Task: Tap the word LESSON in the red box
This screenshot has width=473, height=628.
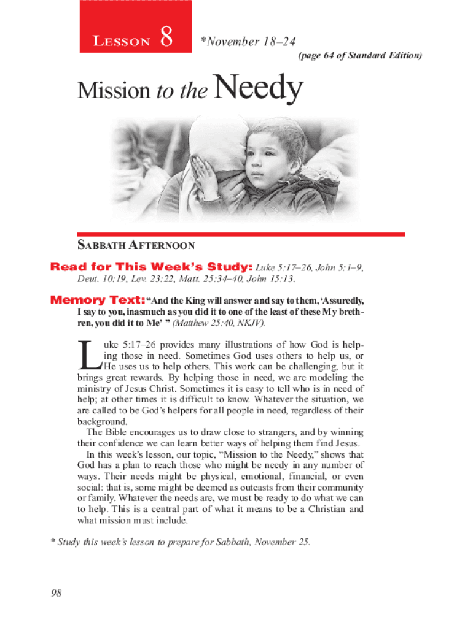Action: pos(122,42)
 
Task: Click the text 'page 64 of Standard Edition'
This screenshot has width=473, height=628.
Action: pos(360,56)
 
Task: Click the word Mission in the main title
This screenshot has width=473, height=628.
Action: pos(114,92)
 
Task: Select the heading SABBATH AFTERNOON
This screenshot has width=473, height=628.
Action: pos(136,246)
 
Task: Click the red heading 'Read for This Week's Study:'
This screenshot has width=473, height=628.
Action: pos(151,267)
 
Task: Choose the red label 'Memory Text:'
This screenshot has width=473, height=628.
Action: pos(97,301)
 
